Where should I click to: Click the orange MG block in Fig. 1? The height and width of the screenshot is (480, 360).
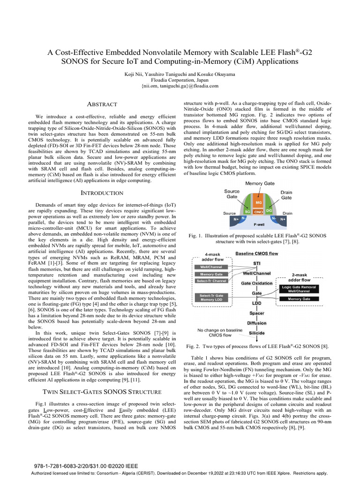pyautogui.click(x=258, y=202)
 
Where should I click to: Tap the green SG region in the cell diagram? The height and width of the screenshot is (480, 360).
pyautogui.click(x=247, y=211)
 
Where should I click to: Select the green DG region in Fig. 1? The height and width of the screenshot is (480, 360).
pyautogui.click(x=269, y=211)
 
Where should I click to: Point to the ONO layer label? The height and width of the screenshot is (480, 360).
pyautogui.click(x=258, y=212)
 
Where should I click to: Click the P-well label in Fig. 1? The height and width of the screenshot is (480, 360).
pyautogui.click(x=259, y=224)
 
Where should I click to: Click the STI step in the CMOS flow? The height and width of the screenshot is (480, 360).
pyautogui.click(x=257, y=263)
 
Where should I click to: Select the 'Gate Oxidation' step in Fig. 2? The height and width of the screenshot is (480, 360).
pyautogui.click(x=256, y=283)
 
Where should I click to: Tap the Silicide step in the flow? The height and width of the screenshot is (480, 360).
pyautogui.click(x=256, y=333)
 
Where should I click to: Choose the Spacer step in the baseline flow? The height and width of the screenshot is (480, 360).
pyautogui.click(x=256, y=313)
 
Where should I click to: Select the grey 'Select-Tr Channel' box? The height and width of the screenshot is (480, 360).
pyautogui.click(x=211, y=281)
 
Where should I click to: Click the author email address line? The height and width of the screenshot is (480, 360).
pyautogui.click(x=180, y=86)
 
